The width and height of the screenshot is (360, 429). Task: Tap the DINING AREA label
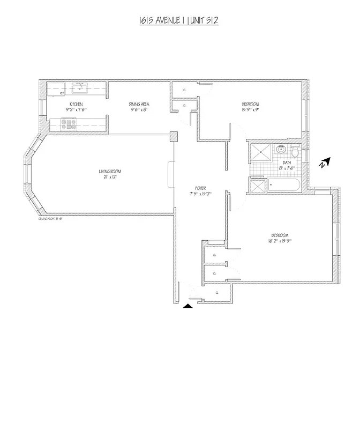point(138,103)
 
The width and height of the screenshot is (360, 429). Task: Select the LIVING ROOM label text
point(110,172)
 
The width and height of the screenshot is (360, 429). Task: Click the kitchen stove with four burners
point(69,125)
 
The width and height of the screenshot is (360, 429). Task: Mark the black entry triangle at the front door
point(188,306)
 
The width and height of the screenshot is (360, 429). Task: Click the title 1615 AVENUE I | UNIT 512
point(178,21)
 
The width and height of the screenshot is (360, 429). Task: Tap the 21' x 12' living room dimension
point(109,177)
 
